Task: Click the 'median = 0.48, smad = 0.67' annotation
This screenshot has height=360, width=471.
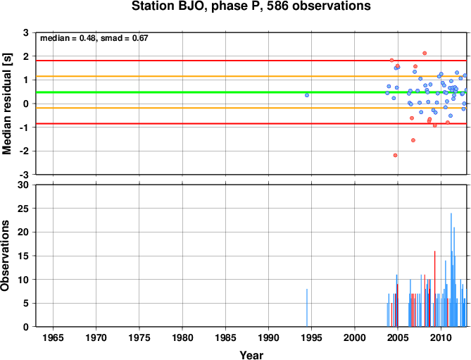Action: tap(94, 38)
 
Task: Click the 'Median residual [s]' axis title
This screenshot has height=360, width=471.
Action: tap(6, 104)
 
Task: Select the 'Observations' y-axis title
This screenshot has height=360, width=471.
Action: tap(5, 256)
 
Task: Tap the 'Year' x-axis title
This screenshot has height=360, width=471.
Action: tap(251, 355)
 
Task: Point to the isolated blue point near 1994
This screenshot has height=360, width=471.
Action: tap(307, 95)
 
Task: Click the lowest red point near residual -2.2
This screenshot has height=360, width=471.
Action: tap(395, 156)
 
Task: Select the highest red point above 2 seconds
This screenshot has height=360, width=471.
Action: tap(425, 53)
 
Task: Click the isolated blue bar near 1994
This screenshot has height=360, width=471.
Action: tap(307, 308)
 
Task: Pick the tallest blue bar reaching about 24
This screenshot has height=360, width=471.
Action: tap(451, 270)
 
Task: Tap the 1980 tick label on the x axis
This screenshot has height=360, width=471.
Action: tap(182, 337)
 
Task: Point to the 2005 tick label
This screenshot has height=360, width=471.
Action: tap(398, 337)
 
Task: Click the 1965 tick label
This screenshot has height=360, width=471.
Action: tap(54, 337)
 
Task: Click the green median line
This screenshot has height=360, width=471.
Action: tap(251, 92)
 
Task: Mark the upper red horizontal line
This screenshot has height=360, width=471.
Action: tap(251, 61)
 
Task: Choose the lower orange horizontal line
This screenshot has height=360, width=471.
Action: tap(251, 108)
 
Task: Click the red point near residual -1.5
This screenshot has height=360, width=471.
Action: tap(413, 140)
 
